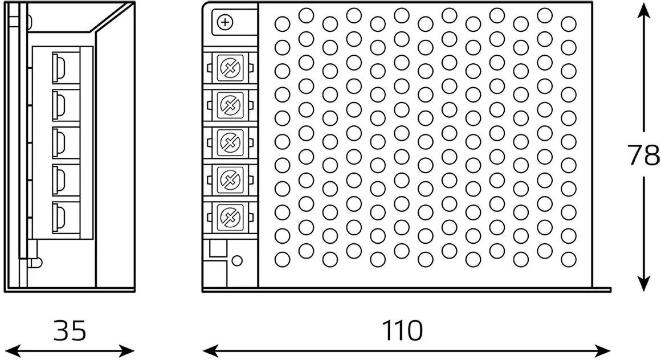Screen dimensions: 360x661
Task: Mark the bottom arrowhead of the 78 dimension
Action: [644, 285]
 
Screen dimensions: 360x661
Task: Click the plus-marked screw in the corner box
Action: [226, 23]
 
